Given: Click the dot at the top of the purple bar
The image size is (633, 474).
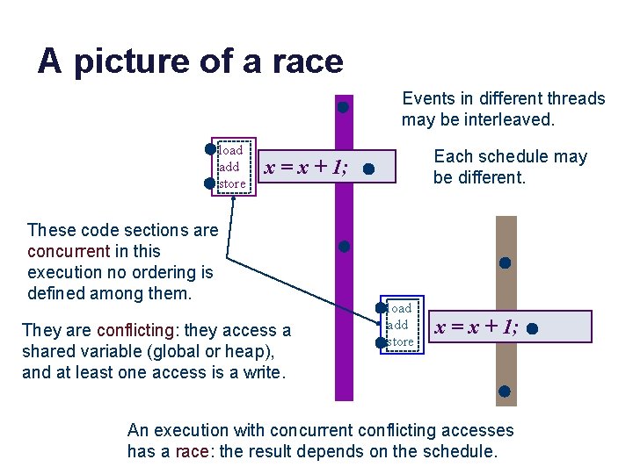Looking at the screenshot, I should coord(344,108).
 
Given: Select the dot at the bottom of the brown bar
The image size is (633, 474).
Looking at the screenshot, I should coord(505,391).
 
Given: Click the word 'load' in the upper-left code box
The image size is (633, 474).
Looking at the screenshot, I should coord(230,150).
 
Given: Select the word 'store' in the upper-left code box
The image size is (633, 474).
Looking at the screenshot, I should coord(232,183).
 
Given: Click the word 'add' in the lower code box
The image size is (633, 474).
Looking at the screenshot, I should coord(397,325).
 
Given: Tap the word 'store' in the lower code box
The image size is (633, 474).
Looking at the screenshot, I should coord(400,341).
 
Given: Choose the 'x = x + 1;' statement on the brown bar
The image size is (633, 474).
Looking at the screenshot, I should coord(476,327).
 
